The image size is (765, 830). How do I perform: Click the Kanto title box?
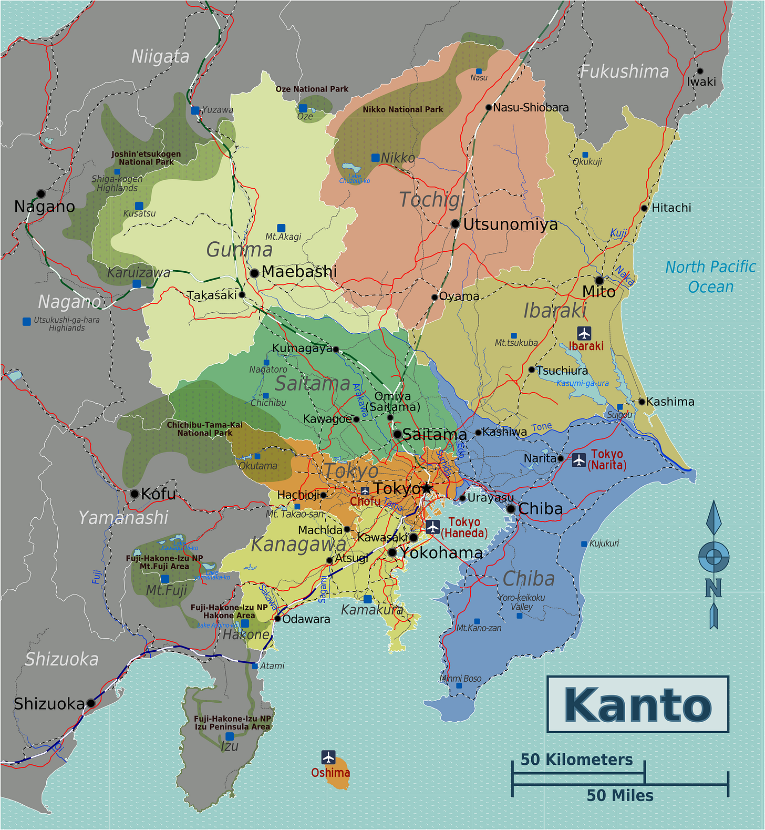pyautogui.click(x=637, y=704)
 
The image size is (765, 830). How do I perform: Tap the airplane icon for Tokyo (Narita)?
pyautogui.click(x=579, y=460)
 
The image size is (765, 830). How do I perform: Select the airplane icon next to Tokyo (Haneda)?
pyautogui.click(x=432, y=527)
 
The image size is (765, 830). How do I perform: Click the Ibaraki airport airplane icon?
pyautogui.click(x=584, y=333)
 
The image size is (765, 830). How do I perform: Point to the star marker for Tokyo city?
pyautogui.click(x=427, y=488)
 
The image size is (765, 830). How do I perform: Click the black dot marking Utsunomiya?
pyautogui.click(x=455, y=224)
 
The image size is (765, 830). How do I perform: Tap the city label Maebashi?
pyautogui.click(x=298, y=272)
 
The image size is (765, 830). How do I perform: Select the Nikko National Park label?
pyautogui.click(x=403, y=109)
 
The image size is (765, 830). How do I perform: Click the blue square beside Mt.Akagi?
pyautogui.click(x=281, y=228)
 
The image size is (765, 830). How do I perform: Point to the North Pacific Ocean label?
pyautogui.click(x=710, y=277)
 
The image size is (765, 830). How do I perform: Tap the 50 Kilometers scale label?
pyautogui.click(x=576, y=760)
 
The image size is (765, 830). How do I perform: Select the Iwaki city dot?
pyautogui.click(x=700, y=71)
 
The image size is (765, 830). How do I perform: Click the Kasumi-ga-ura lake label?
pyautogui.click(x=582, y=383)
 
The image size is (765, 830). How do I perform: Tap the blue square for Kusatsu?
pyautogui.click(x=139, y=206)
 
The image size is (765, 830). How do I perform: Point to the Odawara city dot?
pyautogui.click(x=277, y=619)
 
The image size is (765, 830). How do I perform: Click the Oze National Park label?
pyautogui.click(x=312, y=89)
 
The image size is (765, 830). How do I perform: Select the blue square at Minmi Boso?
pyautogui.click(x=459, y=686)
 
